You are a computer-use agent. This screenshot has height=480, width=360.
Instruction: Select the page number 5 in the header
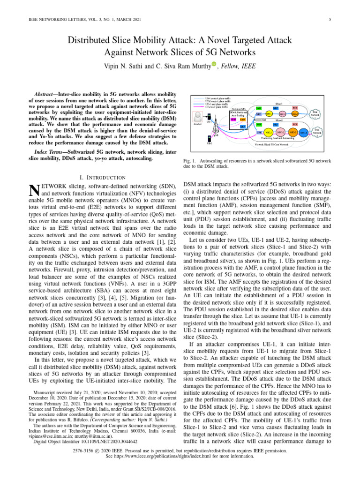330,19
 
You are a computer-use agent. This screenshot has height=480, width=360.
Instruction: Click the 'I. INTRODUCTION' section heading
103,164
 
